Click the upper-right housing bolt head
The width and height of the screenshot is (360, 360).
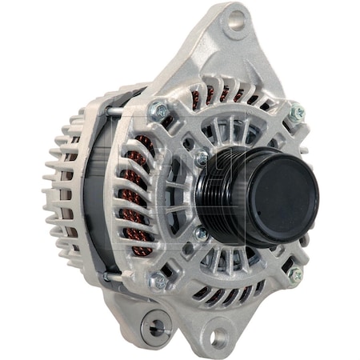point(297,113)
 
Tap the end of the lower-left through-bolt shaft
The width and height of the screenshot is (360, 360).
point(109,276)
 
